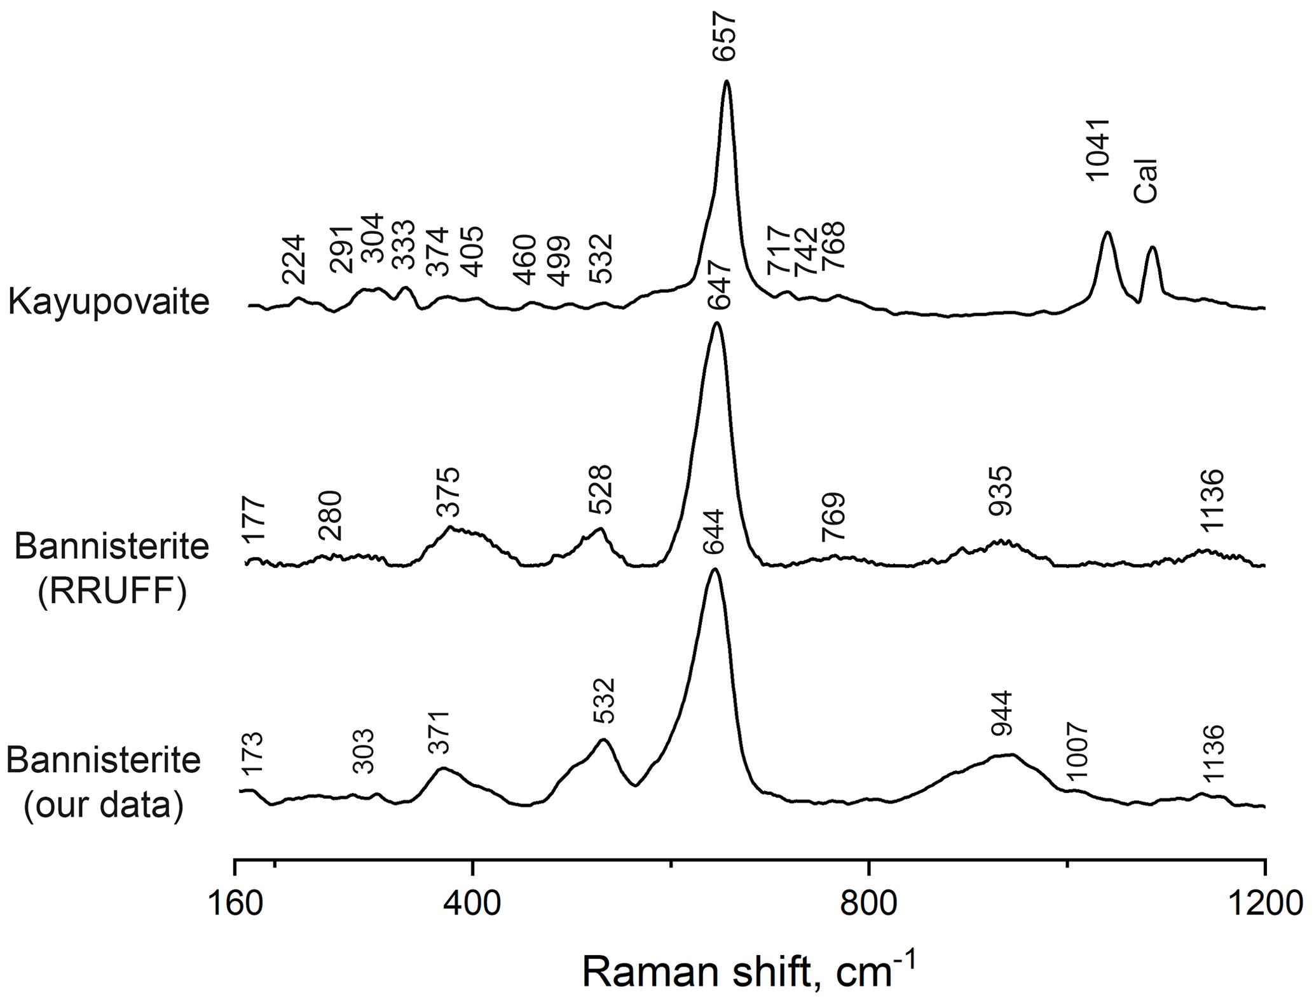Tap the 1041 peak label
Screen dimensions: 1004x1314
coord(1098,151)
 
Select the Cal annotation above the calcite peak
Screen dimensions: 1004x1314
coord(1146,181)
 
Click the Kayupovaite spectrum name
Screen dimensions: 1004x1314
coord(109,302)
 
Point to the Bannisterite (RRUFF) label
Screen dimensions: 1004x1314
coord(112,569)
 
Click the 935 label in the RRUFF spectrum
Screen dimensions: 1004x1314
coord(1000,491)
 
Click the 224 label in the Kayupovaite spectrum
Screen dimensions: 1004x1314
coord(294,260)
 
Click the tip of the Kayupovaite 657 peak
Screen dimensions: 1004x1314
coord(727,81)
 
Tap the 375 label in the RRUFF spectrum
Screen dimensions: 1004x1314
coord(448,492)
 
